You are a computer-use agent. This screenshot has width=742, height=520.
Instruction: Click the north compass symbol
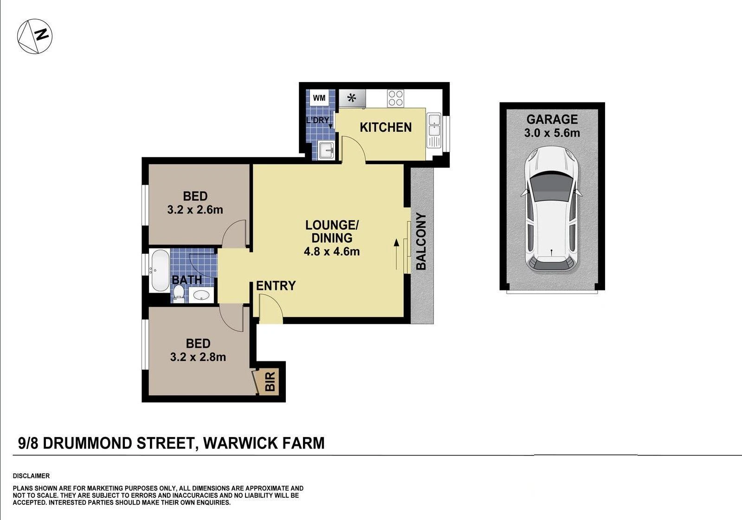pyautogui.click(x=35, y=37)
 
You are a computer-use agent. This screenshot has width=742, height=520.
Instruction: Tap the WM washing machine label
pyautogui.click(x=319, y=98)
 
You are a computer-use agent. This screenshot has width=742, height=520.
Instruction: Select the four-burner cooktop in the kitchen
pyautogui.click(x=395, y=98)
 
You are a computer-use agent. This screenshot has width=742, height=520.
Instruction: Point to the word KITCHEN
pyautogui.click(x=386, y=127)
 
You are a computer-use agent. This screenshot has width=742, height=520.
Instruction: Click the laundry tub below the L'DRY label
pyautogui.click(x=326, y=150)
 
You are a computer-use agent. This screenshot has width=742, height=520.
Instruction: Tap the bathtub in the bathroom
pyautogui.click(x=160, y=271)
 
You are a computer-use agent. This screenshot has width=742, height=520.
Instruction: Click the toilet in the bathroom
pyautogui.click(x=179, y=295)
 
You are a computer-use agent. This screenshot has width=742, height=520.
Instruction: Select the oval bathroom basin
pyautogui.click(x=201, y=295)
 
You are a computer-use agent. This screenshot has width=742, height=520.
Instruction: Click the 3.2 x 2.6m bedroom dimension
pyautogui.click(x=195, y=210)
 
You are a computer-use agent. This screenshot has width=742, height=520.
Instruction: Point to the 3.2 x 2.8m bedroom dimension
pyautogui.click(x=198, y=357)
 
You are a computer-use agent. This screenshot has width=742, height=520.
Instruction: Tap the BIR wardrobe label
pyautogui.click(x=270, y=382)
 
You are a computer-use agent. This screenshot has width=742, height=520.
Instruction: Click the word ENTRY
pyautogui.click(x=276, y=285)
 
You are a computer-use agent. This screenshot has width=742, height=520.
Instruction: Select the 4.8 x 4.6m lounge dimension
pyautogui.click(x=332, y=251)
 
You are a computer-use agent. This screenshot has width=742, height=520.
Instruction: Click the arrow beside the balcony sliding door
pyautogui.click(x=396, y=254)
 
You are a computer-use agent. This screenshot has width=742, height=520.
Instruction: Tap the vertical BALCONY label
pyautogui.click(x=421, y=242)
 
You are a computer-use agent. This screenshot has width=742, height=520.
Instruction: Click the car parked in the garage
pyautogui.click(x=552, y=210)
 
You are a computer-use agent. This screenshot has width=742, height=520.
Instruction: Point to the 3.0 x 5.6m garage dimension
pyautogui.click(x=552, y=133)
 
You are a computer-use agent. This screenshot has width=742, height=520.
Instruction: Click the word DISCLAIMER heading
pyautogui.click(x=31, y=476)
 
